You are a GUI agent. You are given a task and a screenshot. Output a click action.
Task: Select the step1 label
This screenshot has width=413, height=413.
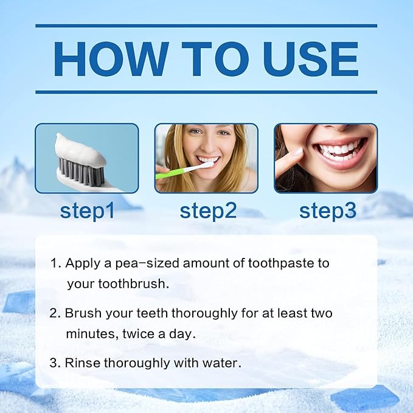87,210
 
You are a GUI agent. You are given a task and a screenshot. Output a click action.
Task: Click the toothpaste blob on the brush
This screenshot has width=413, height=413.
80,149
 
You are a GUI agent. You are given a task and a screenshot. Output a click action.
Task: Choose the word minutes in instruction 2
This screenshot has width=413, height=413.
91,334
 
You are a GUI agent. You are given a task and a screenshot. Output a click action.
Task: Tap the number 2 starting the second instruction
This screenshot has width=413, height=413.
54,314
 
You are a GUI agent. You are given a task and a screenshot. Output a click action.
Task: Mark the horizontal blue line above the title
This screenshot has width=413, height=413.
206,26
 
